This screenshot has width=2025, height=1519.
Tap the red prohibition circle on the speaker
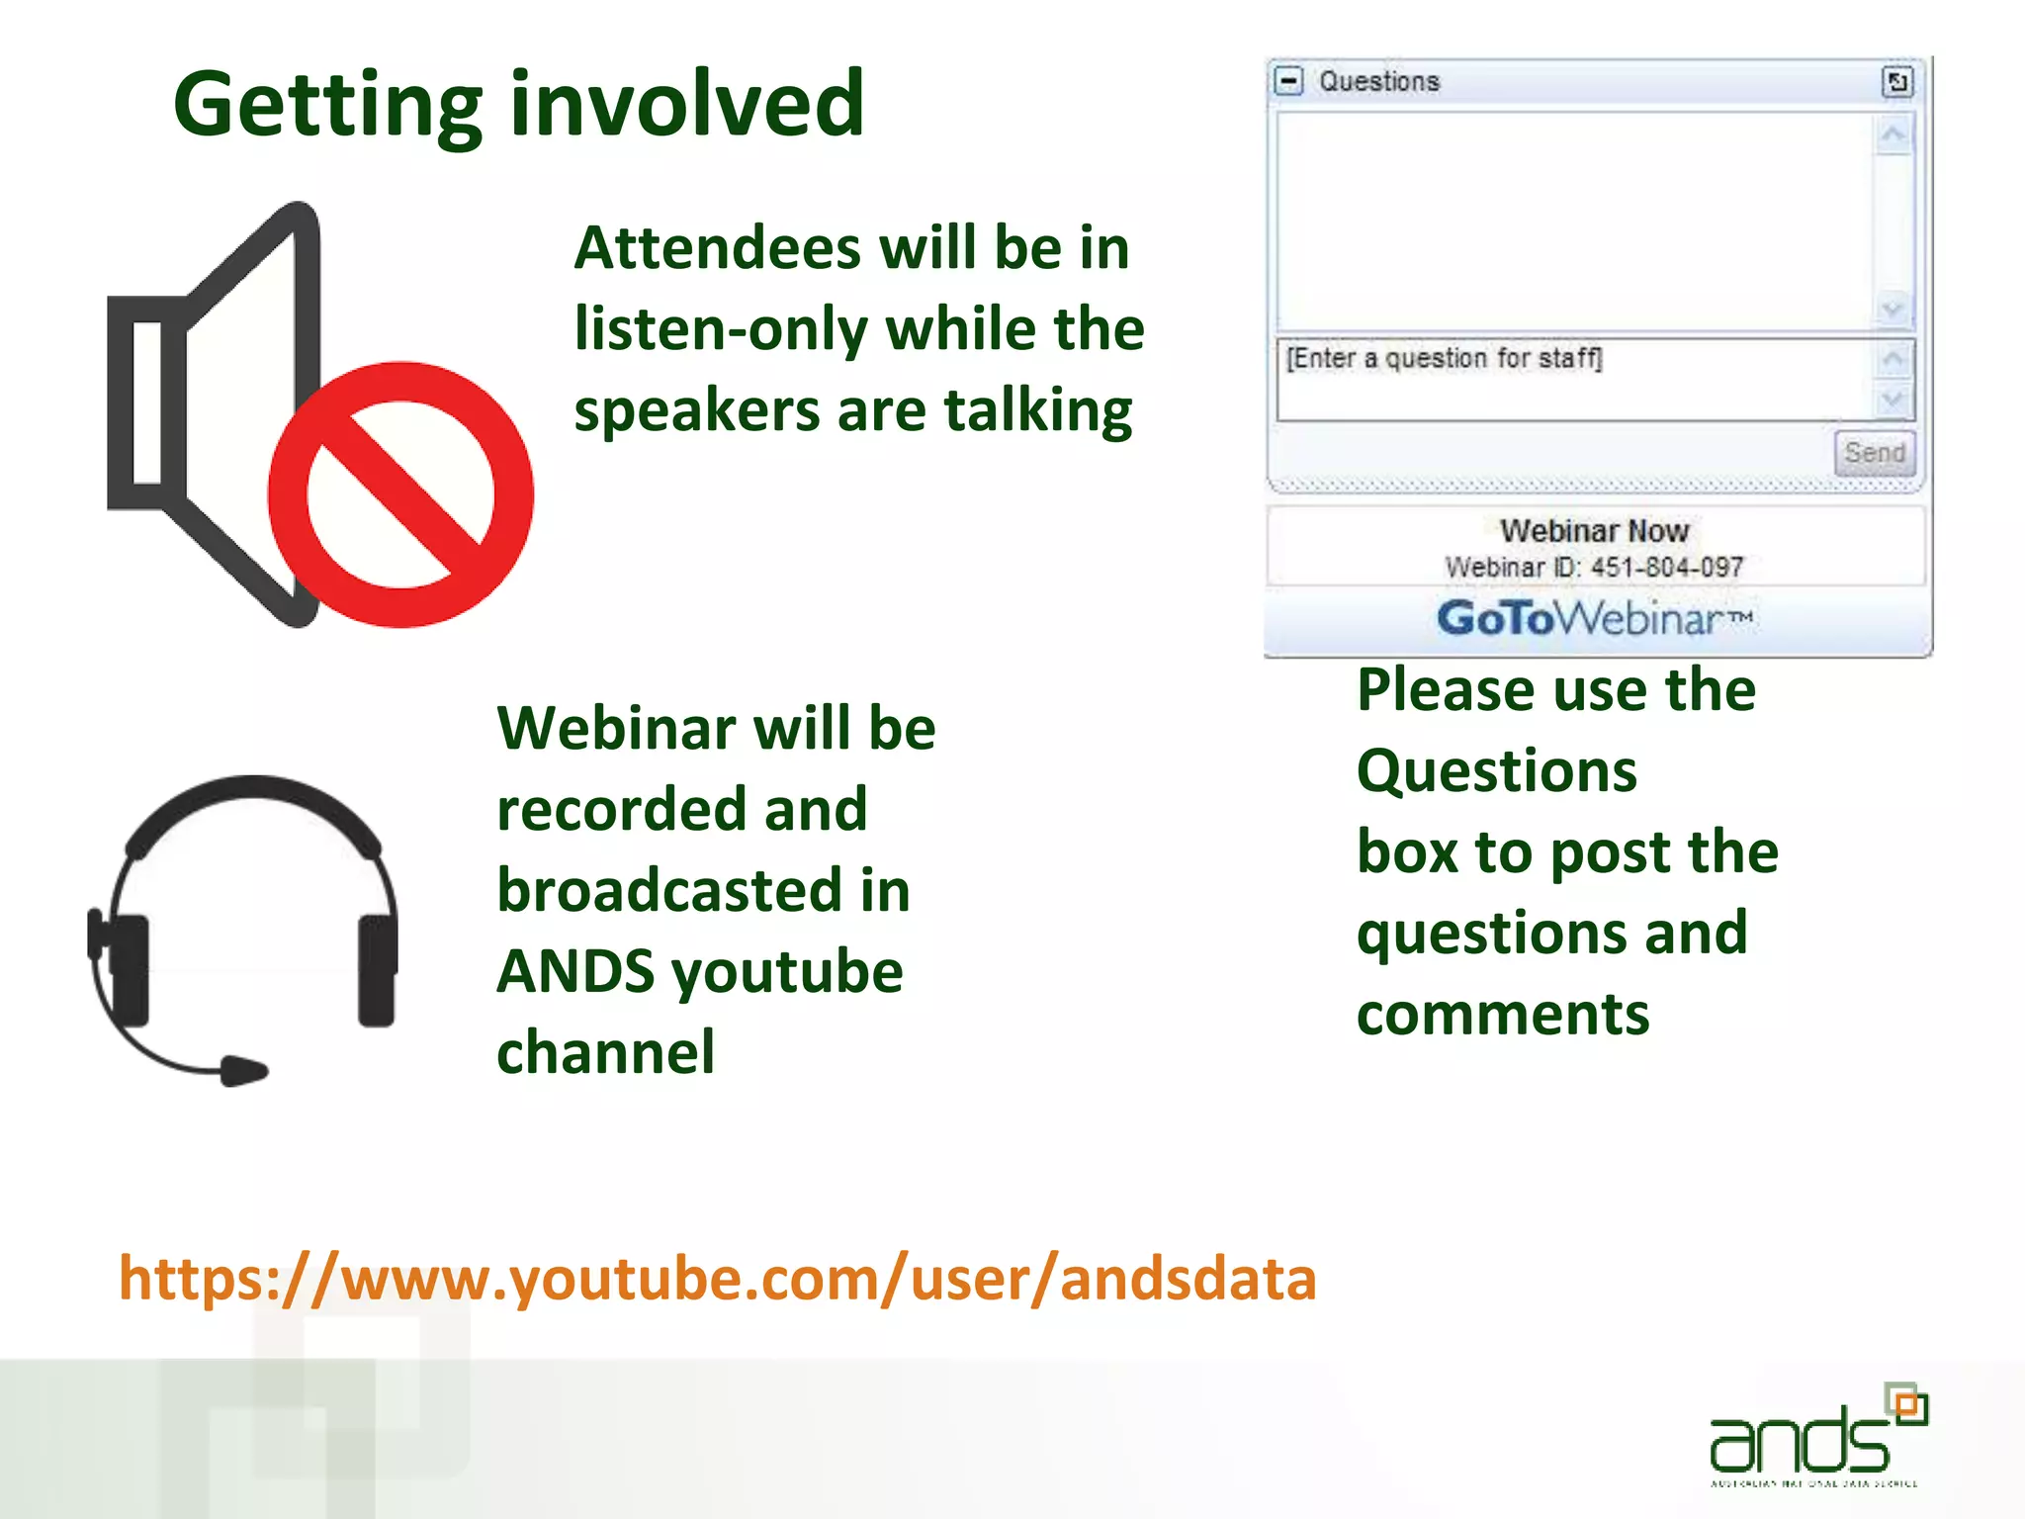(x=400, y=494)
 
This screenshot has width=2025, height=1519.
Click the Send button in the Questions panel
(x=1874, y=453)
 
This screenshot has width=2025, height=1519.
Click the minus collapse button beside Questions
(x=1289, y=81)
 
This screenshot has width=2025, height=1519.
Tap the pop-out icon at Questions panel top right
(x=1896, y=82)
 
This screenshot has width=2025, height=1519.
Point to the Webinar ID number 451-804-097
(x=1667, y=568)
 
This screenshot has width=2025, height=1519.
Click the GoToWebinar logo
(x=1595, y=619)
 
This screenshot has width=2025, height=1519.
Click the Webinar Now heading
(x=1594, y=531)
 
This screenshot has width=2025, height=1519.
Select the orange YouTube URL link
(x=717, y=1278)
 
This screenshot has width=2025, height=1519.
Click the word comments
(x=1502, y=1015)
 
